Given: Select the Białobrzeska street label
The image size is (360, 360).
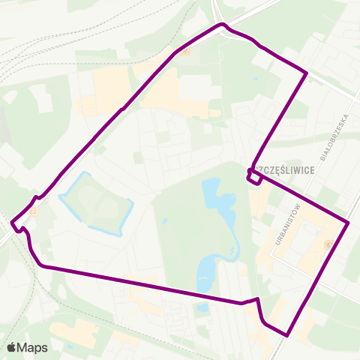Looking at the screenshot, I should [336, 137].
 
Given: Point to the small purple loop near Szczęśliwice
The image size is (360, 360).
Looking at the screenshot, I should [253, 177].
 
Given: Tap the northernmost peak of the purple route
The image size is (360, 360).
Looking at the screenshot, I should [222, 25].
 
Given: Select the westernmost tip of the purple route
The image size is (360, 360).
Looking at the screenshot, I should [12, 222].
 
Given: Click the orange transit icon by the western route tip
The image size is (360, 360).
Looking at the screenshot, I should [33, 211].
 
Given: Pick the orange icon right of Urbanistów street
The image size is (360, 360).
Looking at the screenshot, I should [328, 245].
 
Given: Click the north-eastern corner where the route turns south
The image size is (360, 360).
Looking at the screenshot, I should [306, 73].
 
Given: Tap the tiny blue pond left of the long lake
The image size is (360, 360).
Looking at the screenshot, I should [164, 222].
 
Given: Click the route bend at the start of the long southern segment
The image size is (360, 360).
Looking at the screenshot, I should [43, 265].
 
